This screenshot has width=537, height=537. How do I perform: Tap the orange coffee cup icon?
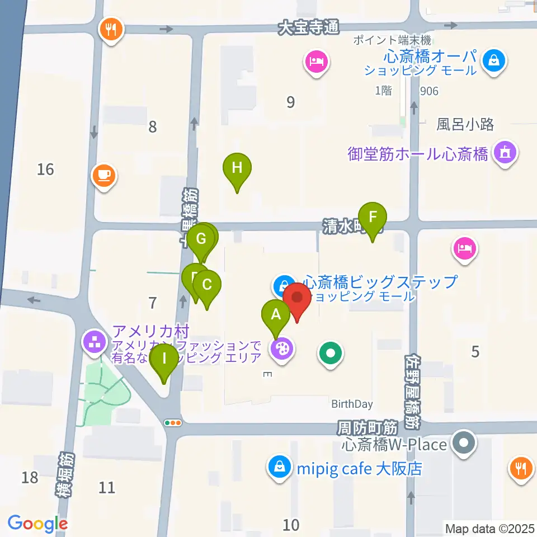(x=104, y=176)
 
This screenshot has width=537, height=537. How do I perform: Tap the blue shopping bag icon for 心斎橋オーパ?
(x=494, y=60)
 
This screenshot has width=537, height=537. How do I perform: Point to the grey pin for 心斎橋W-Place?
(x=464, y=444)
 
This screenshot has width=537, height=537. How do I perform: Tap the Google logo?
(x=37, y=524)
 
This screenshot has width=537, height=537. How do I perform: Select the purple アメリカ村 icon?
(x=94, y=342)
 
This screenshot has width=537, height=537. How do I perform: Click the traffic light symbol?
(x=173, y=423)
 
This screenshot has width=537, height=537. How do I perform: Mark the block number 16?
(x=46, y=168)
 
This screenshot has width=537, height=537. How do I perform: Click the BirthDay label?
(x=352, y=404)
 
